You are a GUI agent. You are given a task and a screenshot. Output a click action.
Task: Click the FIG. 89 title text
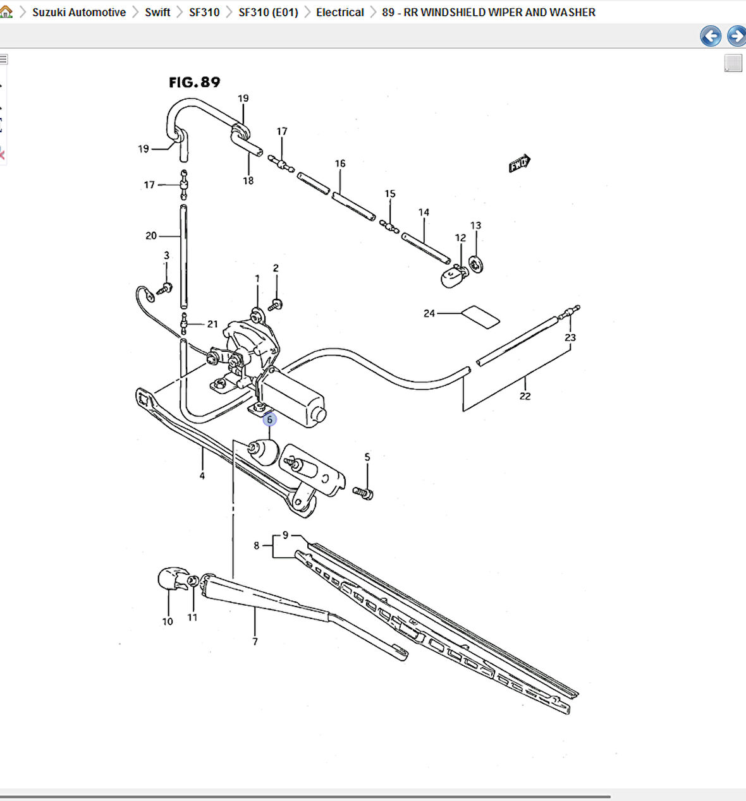tap(195, 82)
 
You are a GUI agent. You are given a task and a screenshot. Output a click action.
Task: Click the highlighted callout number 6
tap(270, 419)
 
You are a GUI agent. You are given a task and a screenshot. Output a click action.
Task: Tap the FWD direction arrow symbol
tap(519, 164)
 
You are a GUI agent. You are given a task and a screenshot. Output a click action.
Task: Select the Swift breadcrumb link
tap(157, 12)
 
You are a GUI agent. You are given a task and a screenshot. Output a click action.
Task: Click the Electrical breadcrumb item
tap(339, 12)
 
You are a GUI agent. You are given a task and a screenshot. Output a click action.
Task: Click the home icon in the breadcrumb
tap(6, 11)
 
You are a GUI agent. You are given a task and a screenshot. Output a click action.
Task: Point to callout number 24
tap(429, 313)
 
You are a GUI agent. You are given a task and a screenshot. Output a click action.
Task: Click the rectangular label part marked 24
tap(480, 317)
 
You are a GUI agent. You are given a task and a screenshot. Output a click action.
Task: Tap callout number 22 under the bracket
tap(525, 396)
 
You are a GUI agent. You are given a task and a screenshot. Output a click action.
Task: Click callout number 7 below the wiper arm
tap(255, 641)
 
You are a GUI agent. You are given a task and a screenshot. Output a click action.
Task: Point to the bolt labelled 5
tap(365, 492)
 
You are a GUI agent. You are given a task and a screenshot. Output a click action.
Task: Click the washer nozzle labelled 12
tap(452, 277)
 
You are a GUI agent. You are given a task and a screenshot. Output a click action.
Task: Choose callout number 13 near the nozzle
tap(475, 226)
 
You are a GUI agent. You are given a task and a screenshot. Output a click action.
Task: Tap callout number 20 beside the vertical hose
tap(151, 236)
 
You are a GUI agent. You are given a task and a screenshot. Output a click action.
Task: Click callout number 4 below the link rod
tap(202, 476)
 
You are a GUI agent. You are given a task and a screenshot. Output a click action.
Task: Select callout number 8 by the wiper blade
tap(257, 546)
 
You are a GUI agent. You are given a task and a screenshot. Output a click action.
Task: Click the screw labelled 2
tap(276, 304)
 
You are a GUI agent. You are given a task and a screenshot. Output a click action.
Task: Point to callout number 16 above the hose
tap(340, 164)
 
